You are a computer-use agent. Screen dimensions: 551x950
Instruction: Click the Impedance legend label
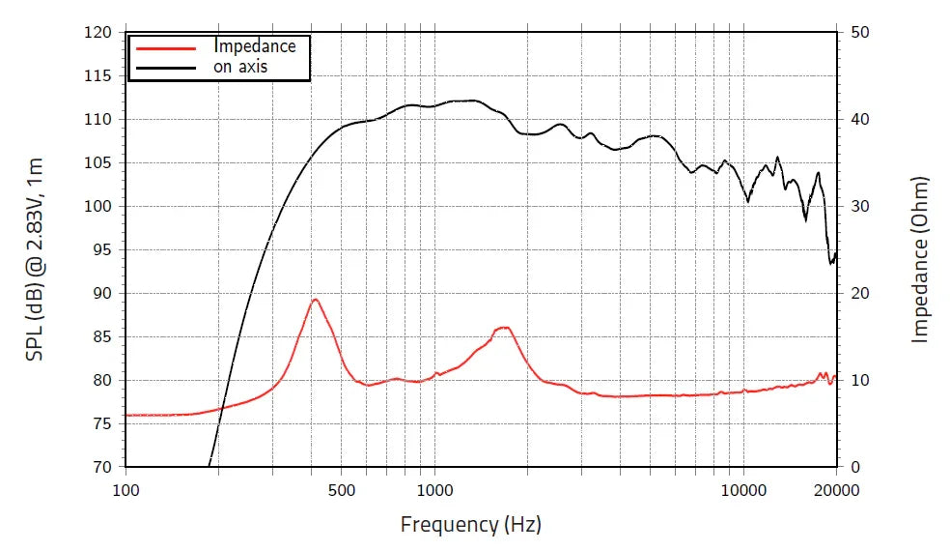255,46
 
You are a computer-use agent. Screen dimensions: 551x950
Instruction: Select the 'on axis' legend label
240,67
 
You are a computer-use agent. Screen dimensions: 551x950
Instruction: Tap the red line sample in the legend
167,46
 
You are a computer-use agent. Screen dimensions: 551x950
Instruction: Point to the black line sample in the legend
167,67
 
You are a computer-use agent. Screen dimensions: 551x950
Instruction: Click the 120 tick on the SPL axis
98,32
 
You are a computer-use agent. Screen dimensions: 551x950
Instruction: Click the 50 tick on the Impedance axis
860,32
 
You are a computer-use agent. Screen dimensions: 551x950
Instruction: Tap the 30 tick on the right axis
860,206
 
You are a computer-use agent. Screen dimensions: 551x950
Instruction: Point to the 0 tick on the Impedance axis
855,467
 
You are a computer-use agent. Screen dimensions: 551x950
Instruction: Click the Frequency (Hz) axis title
471,525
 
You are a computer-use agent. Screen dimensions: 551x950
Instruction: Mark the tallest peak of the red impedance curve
315,300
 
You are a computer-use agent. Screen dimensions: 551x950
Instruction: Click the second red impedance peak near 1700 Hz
503,328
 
